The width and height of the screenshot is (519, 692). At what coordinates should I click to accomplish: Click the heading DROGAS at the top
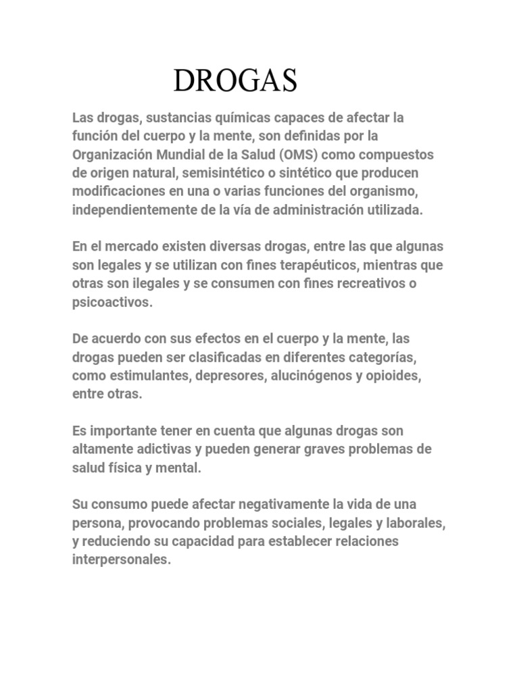click(x=235, y=81)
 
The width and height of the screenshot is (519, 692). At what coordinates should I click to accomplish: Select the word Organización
click(x=113, y=154)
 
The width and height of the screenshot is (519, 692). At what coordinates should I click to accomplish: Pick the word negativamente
click(x=270, y=505)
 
